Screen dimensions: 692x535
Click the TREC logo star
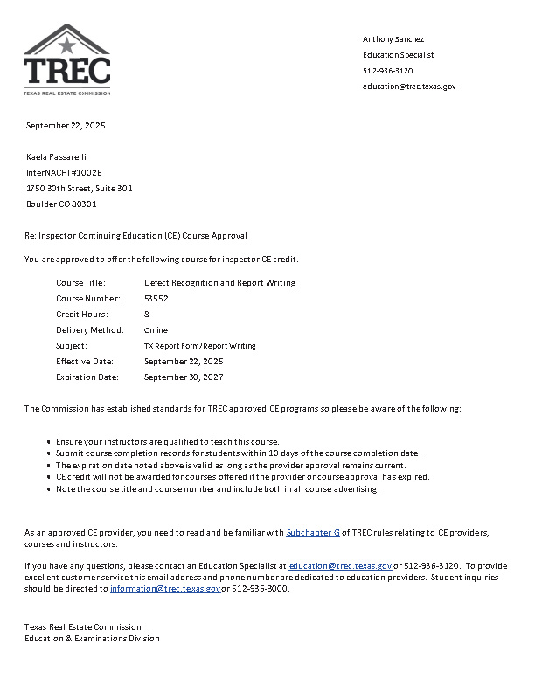[x=67, y=43]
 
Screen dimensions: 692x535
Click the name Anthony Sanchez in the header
[x=393, y=39]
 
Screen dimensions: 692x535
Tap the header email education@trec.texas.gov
[x=409, y=86]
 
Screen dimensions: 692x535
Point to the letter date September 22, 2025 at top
[x=66, y=126]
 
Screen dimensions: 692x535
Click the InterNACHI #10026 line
[x=64, y=173]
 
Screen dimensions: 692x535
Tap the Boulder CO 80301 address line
[x=61, y=204]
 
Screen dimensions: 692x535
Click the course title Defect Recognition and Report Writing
[x=219, y=283]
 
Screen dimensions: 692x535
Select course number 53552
[x=156, y=299]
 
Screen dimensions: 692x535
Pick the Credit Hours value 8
[x=147, y=315]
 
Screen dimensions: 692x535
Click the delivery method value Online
[x=156, y=330]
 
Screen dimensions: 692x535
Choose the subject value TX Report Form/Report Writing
[x=200, y=346]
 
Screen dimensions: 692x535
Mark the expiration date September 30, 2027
[x=184, y=377]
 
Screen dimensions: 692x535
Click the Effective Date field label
[x=85, y=362]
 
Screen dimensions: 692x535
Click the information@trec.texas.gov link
[x=165, y=589]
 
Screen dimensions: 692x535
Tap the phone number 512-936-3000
[x=261, y=589]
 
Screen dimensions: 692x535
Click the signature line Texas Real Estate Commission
[x=83, y=627]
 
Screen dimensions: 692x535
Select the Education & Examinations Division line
[x=92, y=639]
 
